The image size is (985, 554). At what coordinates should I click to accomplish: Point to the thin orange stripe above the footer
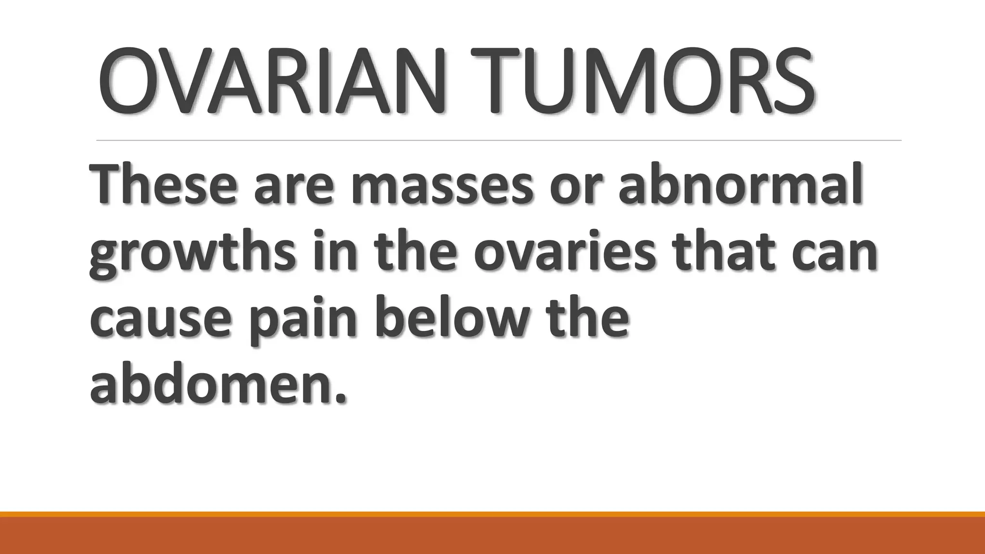[492, 514]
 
